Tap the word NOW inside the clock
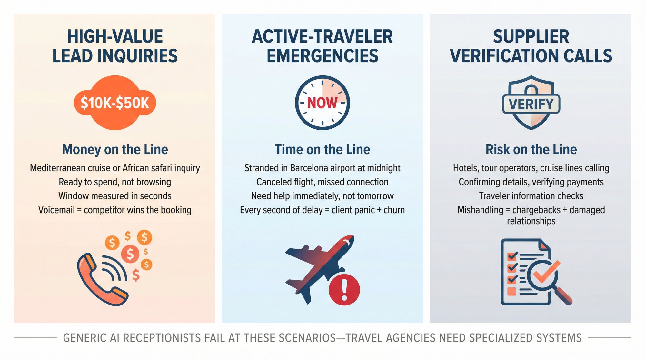[322, 103]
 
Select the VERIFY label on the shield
[531, 104]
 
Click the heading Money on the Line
[115, 150]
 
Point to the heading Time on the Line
[322, 150]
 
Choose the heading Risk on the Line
[531, 150]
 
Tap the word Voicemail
[56, 210]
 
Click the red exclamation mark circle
[344, 290]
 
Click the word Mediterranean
[58, 168]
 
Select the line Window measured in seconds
[115, 196]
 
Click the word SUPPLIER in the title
[531, 36]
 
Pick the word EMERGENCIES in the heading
[322, 56]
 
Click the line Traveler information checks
[531, 196]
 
